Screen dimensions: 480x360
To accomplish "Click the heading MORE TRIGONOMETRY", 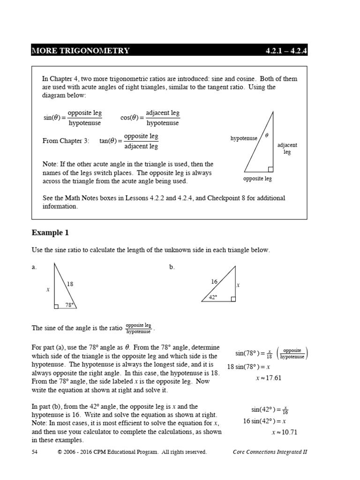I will coord(81,50).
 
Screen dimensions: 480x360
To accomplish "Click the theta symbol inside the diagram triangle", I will coord(267,135).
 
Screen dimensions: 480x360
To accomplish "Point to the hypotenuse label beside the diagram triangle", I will coord(244,138).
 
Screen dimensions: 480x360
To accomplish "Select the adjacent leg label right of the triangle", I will coord(287,149).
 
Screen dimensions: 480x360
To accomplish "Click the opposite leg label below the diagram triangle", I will coord(257,179).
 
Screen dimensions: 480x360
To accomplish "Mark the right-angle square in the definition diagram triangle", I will coord(270,169).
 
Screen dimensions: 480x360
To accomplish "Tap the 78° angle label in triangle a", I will coord(69,305).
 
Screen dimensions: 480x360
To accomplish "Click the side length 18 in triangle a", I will coord(70,284).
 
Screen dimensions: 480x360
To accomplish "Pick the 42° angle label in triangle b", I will coord(213,297).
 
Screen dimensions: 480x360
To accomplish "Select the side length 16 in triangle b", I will coord(214,281).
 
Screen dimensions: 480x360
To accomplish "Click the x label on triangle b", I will coord(238,285).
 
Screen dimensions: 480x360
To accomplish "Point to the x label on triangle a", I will coord(48,290).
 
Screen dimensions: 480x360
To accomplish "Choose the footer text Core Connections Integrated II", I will coord(270,452).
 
